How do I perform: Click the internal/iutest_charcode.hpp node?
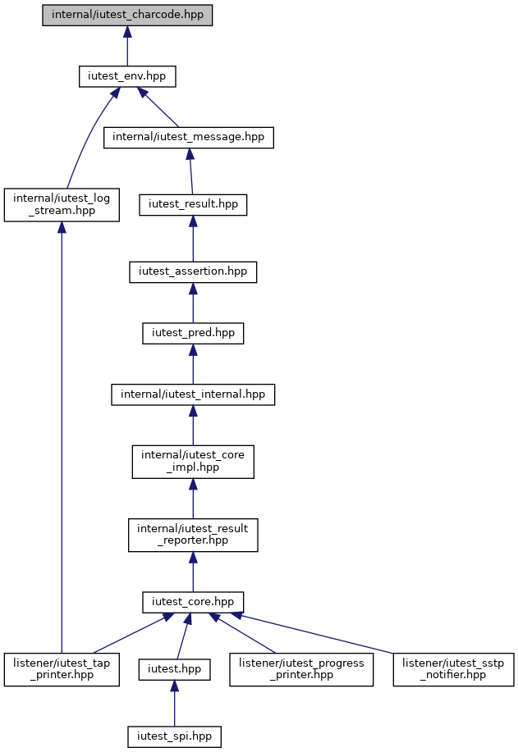click(127, 16)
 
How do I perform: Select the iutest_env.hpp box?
click(127, 77)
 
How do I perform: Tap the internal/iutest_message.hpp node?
click(189, 138)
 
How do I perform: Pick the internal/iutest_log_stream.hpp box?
click(62, 205)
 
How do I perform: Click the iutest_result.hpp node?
click(193, 205)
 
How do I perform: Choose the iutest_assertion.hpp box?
click(193, 272)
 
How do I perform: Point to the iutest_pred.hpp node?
click(193, 333)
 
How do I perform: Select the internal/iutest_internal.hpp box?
click(193, 394)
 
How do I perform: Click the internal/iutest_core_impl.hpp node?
click(193, 462)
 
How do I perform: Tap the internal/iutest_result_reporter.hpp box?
click(193, 536)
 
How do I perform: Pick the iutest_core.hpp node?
click(193, 603)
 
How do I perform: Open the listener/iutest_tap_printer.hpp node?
click(62, 669)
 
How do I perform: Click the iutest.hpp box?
click(174, 669)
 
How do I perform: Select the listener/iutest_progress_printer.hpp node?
click(301, 669)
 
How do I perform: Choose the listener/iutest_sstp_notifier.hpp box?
click(453, 669)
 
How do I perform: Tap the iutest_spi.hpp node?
click(174, 736)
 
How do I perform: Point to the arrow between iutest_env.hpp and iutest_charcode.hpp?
click(127, 46)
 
